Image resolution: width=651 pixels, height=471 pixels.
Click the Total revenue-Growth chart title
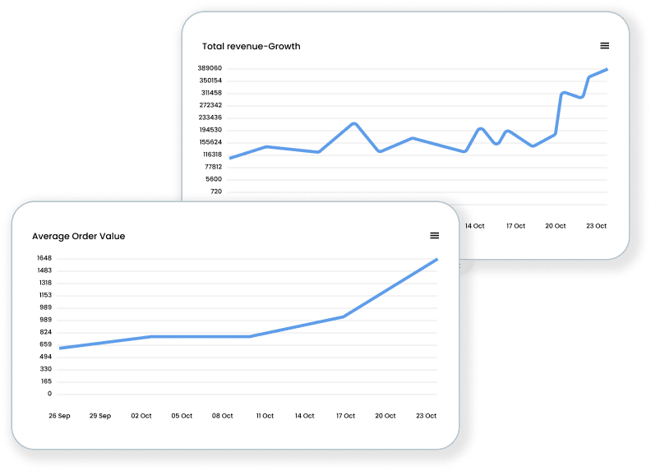click(251, 46)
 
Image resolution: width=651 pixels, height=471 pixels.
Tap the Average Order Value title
click(79, 236)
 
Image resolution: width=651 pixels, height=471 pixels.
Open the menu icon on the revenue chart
click(605, 45)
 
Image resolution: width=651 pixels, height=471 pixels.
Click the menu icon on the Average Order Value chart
click(435, 236)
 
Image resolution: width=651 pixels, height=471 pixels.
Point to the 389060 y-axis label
click(210, 68)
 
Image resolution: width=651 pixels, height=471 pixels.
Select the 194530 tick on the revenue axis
click(210, 130)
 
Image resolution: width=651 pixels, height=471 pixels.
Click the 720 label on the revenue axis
click(216, 192)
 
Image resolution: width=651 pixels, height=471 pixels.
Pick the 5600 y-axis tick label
click(214, 179)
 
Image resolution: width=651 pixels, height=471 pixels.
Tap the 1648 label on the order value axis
click(44, 258)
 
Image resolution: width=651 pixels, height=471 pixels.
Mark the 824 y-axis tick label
click(46, 332)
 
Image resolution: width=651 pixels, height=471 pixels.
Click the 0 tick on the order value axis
click(49, 394)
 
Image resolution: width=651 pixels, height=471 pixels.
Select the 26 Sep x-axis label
click(59, 416)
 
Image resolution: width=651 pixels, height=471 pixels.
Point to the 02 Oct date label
click(141, 416)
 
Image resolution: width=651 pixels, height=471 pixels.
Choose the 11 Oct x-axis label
click(265, 416)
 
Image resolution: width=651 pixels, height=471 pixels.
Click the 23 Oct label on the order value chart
click(426, 416)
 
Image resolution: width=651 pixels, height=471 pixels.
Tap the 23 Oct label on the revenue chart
click(596, 226)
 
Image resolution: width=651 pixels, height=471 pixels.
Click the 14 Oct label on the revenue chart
click(474, 226)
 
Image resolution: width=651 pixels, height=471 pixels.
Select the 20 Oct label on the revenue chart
click(556, 226)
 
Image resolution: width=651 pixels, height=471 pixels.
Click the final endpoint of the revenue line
click(607, 69)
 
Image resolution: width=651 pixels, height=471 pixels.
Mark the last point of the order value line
click(436, 259)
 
